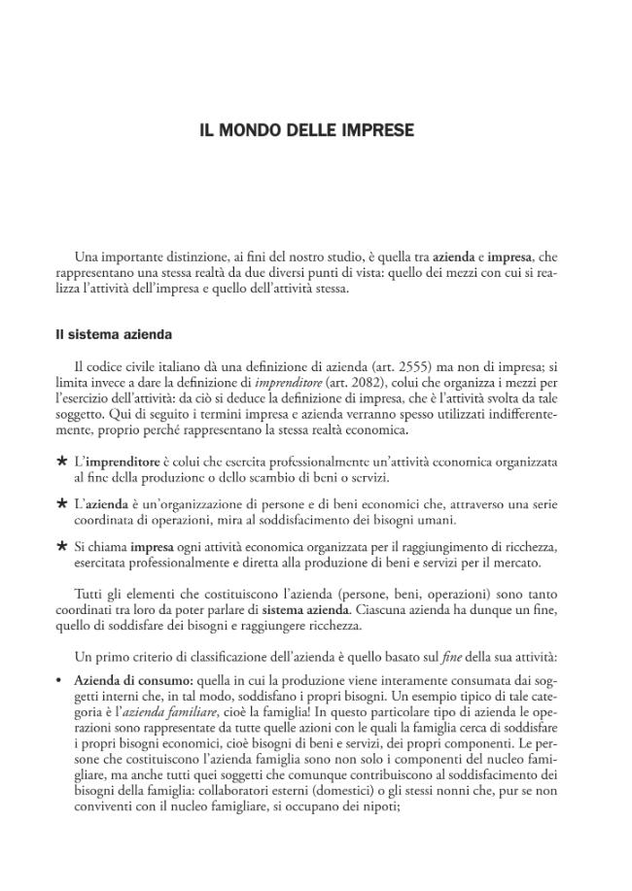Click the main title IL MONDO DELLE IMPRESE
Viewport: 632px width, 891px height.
[306, 129]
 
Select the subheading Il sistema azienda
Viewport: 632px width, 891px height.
[114, 334]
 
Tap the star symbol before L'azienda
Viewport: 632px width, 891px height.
[61, 503]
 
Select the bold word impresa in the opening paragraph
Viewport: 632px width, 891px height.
[509, 257]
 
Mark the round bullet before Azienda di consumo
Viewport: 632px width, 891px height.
[59, 681]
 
